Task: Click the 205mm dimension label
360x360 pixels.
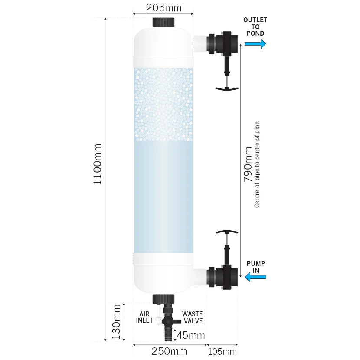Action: point(163,8)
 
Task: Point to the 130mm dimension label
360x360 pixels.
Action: point(116,321)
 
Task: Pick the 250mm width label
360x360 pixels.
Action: point(169,351)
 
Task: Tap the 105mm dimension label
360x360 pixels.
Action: point(223,351)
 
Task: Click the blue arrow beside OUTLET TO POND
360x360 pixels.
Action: point(255,43)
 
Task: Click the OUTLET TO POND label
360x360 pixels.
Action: point(255,26)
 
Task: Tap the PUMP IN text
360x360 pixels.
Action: point(256,267)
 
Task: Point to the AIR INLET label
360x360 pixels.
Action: point(144,317)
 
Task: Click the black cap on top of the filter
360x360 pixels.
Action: point(163,22)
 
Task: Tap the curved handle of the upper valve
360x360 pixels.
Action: point(227,88)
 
